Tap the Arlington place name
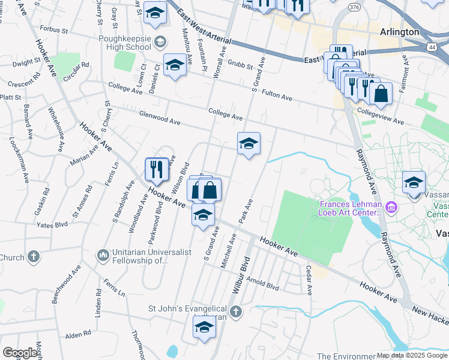(x=399, y=32)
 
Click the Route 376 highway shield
(x=354, y=7)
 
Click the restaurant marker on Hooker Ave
(x=157, y=169)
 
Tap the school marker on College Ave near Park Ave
(x=249, y=144)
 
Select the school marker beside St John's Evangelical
(x=203, y=328)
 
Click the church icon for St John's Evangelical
(x=236, y=311)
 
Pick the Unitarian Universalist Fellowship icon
(x=103, y=256)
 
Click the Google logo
(x=20, y=352)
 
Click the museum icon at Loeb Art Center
(x=391, y=208)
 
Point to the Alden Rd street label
(x=78, y=334)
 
